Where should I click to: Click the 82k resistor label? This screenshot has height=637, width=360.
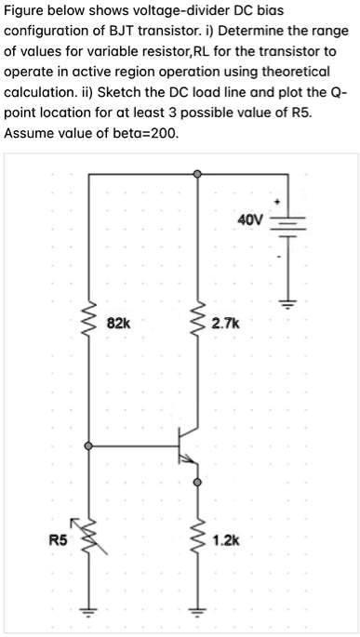[119, 324]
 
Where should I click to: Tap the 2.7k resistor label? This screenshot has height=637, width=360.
[225, 324]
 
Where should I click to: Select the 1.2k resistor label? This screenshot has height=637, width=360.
[225, 539]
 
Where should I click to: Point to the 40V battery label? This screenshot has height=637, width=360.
[250, 220]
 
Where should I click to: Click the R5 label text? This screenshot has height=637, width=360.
[59, 539]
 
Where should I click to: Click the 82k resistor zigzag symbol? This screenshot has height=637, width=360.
[90, 325]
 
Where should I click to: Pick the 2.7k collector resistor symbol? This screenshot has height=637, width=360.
[196, 325]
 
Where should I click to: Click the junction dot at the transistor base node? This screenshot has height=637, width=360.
[89, 446]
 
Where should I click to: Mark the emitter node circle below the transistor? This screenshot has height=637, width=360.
[196, 483]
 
